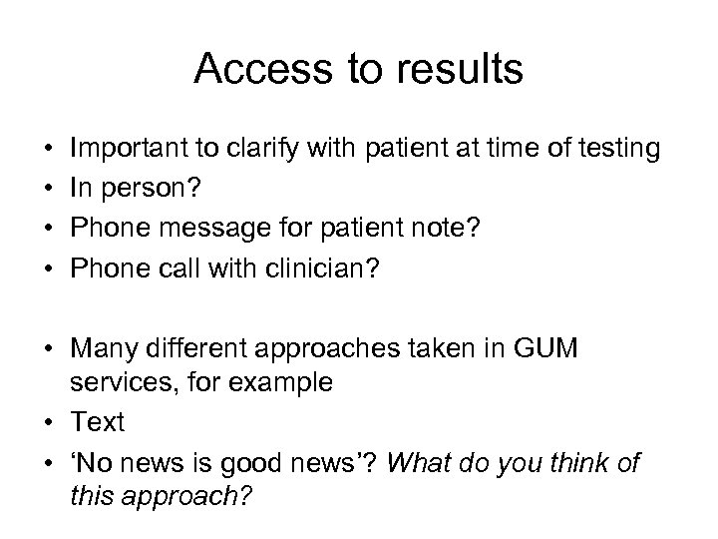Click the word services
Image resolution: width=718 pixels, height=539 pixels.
117,383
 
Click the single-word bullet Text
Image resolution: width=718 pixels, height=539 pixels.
98,421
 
